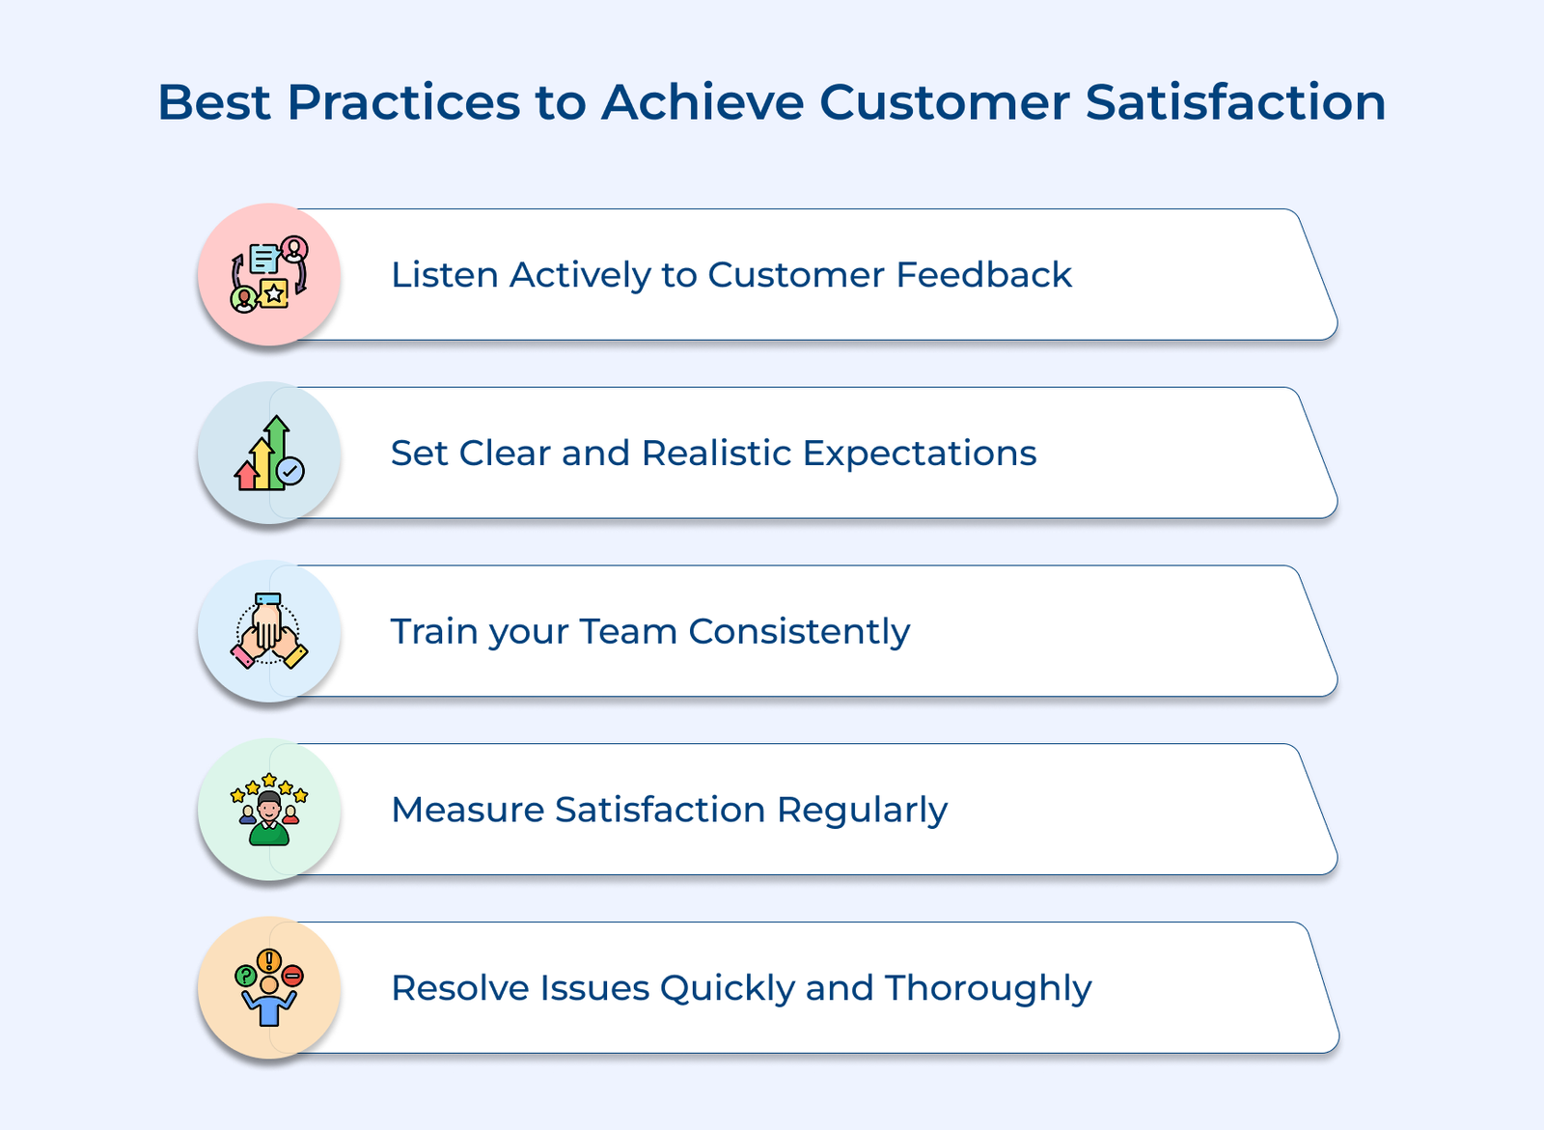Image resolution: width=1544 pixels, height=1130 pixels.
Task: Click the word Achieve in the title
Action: (x=703, y=102)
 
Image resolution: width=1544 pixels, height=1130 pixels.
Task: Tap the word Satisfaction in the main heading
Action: (x=1235, y=102)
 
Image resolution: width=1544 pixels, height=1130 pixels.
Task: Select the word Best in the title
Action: (x=214, y=102)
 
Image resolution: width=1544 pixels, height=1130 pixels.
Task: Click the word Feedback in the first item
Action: (x=983, y=274)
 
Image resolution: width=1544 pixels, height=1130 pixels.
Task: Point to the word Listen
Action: (x=445, y=274)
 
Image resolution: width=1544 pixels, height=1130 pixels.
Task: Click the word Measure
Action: (x=468, y=810)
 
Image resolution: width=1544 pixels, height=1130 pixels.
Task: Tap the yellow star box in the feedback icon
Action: (x=274, y=293)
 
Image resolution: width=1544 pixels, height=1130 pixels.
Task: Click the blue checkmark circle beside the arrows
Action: (x=290, y=472)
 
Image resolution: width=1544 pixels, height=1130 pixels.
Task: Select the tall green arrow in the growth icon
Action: (x=276, y=453)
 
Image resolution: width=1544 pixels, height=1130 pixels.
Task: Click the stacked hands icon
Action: (x=269, y=631)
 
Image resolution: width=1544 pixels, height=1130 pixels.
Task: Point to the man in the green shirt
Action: (x=269, y=818)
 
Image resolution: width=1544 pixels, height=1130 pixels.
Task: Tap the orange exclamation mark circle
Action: (x=269, y=961)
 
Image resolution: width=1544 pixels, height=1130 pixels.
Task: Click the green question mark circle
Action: (x=246, y=976)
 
